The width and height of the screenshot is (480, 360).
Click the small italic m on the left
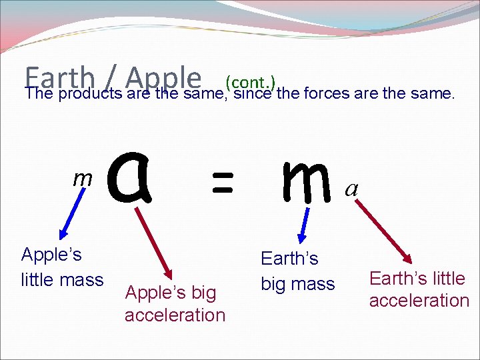click(82, 178)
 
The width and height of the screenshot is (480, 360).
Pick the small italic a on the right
click(351, 190)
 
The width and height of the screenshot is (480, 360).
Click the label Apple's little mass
click(62, 267)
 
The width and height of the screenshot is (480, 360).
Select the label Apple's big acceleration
click(175, 303)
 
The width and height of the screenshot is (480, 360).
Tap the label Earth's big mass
click(297, 271)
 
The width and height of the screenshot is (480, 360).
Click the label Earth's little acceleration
click(419, 289)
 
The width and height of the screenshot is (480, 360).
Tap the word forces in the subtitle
click(327, 94)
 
